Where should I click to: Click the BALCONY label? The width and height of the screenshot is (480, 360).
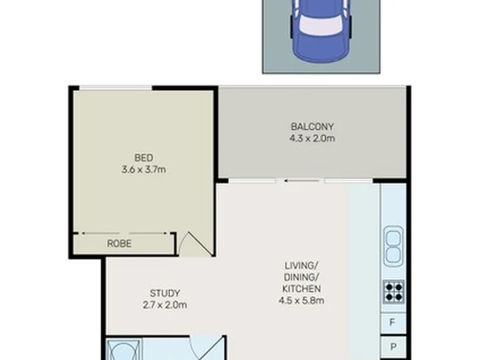click(312, 127)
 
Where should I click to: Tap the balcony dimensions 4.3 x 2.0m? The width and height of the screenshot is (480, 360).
click(312, 139)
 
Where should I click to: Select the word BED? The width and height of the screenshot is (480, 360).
click(143, 158)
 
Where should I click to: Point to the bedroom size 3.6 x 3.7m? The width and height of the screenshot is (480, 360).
click(143, 169)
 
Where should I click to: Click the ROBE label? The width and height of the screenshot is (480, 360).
click(119, 244)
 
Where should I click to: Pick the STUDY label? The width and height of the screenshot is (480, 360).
click(165, 293)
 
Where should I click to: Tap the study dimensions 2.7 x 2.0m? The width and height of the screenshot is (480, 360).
click(165, 305)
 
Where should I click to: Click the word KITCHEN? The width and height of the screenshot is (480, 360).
click(301, 289)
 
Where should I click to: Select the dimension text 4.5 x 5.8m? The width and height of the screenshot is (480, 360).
click(301, 301)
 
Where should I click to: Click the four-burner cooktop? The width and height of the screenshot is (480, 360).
click(394, 292)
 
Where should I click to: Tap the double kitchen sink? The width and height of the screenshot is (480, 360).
click(393, 246)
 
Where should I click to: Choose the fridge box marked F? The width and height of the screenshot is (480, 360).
click(393, 323)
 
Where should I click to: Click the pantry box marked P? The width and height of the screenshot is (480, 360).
click(393, 347)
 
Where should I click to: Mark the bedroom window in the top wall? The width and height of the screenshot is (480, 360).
click(116, 88)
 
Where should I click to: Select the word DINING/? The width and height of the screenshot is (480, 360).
click(301, 277)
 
